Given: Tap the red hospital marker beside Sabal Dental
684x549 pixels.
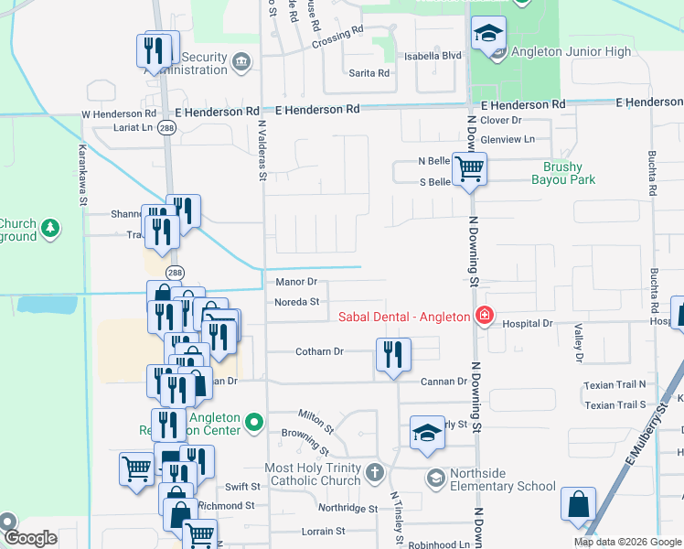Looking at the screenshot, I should [x=483, y=318].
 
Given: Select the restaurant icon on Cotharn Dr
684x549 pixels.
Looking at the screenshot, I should [x=394, y=355].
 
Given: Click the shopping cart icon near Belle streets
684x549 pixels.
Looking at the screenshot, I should [x=469, y=169].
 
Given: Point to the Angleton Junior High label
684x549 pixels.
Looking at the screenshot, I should [x=571, y=52].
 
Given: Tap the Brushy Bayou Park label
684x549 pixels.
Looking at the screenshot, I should [x=569, y=173].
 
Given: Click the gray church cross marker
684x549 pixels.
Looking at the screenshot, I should [x=374, y=472].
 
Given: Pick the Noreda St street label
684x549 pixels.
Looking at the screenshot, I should [x=295, y=301].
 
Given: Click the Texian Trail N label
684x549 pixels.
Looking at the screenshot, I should [x=615, y=384].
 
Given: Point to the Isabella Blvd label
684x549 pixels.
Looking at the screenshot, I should [x=440, y=55].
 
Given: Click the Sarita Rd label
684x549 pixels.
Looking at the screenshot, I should [x=370, y=72].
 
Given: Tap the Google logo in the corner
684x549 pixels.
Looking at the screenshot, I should [x=30, y=537].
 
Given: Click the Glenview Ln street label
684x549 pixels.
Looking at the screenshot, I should [x=508, y=139].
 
